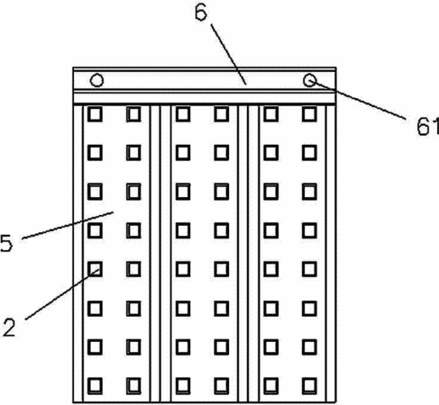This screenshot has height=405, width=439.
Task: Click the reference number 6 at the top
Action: [x=201, y=13]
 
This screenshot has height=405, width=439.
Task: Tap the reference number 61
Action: [x=428, y=126]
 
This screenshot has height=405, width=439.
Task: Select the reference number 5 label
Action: [x=6, y=243]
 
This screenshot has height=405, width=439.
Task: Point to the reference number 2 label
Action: [x=9, y=327]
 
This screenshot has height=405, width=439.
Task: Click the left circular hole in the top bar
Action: [x=97, y=80]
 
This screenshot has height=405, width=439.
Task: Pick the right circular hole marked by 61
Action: [x=309, y=80]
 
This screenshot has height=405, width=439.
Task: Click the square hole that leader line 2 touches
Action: [x=95, y=269]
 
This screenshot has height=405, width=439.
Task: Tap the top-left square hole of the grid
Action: [x=95, y=114]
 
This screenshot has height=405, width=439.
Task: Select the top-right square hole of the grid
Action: [x=309, y=114]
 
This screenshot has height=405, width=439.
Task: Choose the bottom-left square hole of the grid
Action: [x=95, y=386]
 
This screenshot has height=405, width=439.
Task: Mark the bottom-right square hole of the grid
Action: [x=309, y=386]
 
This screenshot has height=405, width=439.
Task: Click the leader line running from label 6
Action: [x=228, y=54]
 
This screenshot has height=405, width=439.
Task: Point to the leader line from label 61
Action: [x=358, y=100]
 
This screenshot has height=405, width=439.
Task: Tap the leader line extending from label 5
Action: [x=68, y=225]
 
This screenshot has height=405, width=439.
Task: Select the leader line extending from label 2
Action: [x=62, y=294]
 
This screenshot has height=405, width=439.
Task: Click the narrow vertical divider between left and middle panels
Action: [x=155, y=254]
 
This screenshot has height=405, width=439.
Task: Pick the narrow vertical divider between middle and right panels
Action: [x=242, y=254]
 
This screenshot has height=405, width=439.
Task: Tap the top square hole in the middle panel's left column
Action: [x=183, y=114]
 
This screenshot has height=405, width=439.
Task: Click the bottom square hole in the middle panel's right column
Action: [x=222, y=386]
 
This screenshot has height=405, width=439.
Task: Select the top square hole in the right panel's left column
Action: [x=270, y=114]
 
